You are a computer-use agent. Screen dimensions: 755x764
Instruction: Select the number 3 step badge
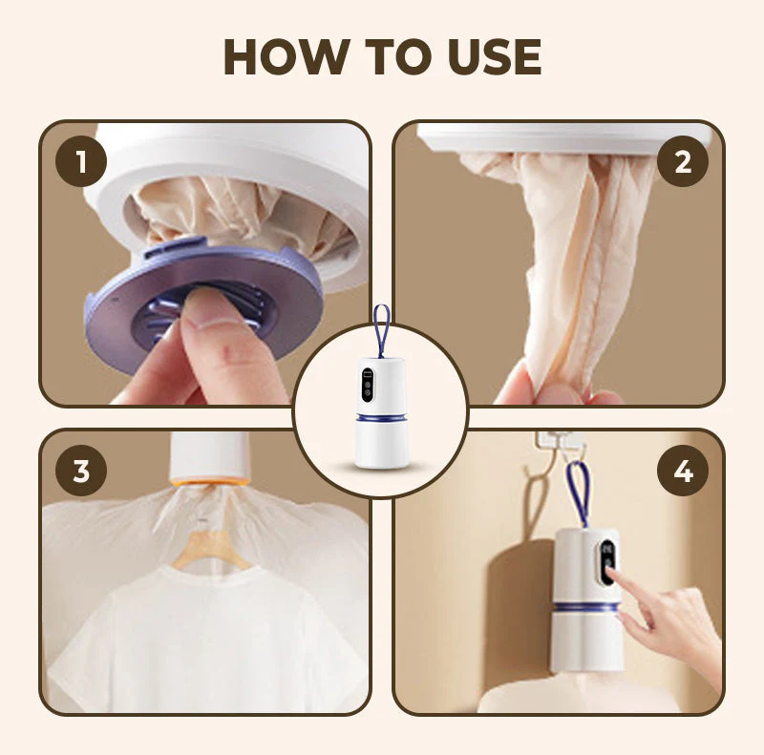[x=81, y=471]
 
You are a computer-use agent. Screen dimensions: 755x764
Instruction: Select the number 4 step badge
[x=682, y=471]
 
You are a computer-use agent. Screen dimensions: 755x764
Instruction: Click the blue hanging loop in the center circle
[x=382, y=329]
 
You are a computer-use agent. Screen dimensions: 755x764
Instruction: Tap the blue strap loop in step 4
[x=579, y=492]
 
